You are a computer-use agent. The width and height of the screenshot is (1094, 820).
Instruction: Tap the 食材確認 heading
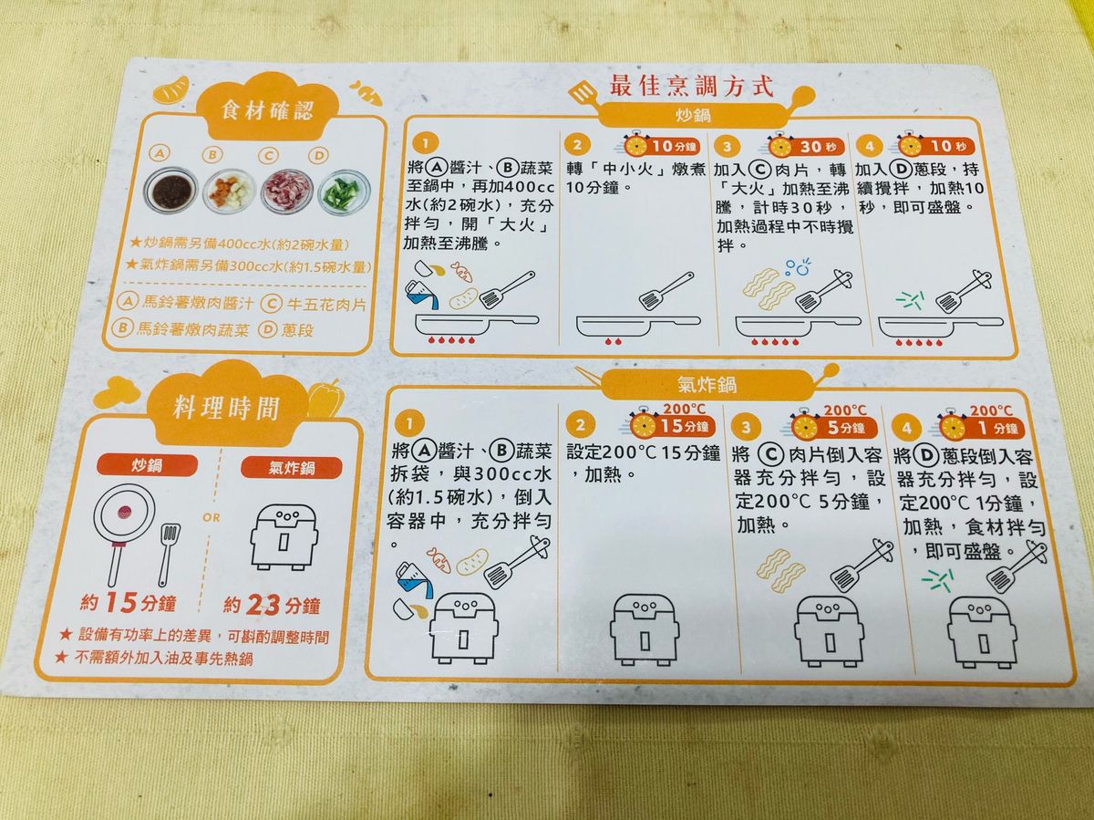tap(268, 110)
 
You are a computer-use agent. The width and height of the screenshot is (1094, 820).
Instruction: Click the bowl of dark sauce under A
tap(171, 190)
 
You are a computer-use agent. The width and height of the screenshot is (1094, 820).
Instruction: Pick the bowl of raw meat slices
tap(287, 192)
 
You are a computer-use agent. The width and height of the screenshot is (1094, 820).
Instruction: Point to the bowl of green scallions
tap(345, 193)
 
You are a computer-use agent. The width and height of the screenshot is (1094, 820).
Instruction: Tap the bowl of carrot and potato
tap(229, 191)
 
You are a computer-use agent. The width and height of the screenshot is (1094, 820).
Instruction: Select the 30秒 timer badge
tap(808, 146)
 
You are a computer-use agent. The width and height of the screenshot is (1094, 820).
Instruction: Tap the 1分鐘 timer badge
tap(981, 428)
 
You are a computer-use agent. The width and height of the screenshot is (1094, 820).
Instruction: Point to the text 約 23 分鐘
tap(272, 606)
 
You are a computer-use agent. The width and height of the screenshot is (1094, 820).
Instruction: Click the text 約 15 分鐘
tap(129, 603)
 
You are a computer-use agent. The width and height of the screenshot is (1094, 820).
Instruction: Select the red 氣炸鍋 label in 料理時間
tap(292, 468)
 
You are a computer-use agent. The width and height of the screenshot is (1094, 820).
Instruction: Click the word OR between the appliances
tap(212, 517)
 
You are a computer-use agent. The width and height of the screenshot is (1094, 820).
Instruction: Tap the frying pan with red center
tap(124, 534)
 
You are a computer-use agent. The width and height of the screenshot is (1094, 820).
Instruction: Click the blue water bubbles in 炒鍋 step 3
tap(798, 267)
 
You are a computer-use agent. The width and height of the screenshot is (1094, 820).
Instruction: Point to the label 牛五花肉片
tap(326, 304)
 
